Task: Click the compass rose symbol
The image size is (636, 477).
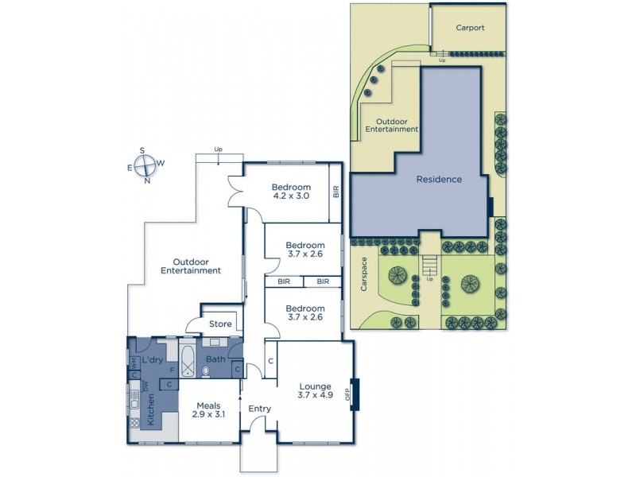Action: [145, 165]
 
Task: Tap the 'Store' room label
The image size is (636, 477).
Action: [220, 324]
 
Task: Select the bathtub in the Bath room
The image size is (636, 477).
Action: [188, 360]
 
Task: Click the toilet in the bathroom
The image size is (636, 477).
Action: [207, 370]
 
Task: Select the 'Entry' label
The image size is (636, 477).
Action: [259, 409]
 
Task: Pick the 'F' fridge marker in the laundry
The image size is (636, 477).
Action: [161, 370]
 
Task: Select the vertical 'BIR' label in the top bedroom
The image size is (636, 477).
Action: [335, 192]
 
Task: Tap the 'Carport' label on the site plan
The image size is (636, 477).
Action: [470, 27]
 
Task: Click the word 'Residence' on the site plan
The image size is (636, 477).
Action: [439, 179]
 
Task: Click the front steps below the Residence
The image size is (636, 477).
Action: [430, 262]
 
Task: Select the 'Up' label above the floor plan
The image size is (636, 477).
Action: [219, 149]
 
